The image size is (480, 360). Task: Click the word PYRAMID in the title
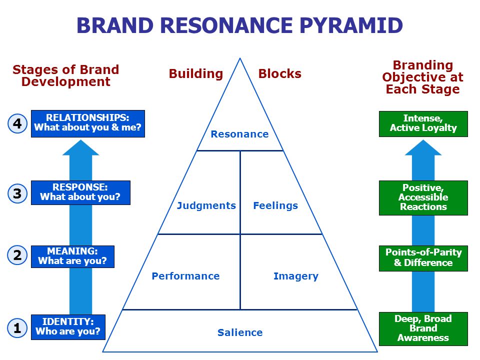tap(351, 25)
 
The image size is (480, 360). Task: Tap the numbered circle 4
tap(17, 123)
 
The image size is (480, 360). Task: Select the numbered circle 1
tap(17, 328)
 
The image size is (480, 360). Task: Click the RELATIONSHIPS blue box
tap(88, 123)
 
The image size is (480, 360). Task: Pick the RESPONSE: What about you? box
tap(80, 192)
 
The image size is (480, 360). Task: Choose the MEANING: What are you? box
tap(72, 256)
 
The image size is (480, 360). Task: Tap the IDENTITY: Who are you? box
tap(68, 327)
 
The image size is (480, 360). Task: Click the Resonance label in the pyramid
tap(239, 134)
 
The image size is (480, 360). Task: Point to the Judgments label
tap(206, 205)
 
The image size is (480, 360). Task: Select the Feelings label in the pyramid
tap(275, 205)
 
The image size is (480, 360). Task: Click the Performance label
tap(186, 276)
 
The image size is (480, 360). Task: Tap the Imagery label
tap(296, 276)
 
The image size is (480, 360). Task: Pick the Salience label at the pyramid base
tap(240, 332)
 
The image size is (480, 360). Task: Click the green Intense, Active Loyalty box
tap(423, 123)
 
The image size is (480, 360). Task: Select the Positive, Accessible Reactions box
tap(423, 198)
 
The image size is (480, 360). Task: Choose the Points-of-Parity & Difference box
tap(423, 258)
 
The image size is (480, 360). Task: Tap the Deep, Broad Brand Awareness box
tap(423, 329)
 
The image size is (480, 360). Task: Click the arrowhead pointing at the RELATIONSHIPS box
tap(81, 147)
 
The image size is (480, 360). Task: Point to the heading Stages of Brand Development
tap(66, 75)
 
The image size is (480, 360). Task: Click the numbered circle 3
tap(17, 193)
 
